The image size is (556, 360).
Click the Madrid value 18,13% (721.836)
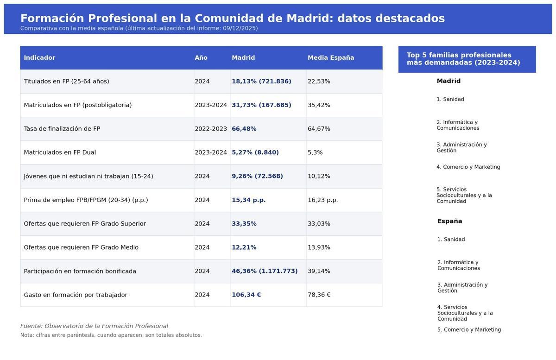tap(261, 82)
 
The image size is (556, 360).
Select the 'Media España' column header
tap(331, 58)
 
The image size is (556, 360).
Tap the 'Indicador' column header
tap(39, 58)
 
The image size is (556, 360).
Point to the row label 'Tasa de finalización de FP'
tap(62, 129)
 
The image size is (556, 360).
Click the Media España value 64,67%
tap(319, 129)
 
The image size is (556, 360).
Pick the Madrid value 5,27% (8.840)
tap(255, 152)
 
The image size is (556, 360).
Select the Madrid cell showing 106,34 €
tap(246, 295)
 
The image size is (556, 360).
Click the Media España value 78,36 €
tap(319, 295)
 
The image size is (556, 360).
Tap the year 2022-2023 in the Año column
tap(211, 129)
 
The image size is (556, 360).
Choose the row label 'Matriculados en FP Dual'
tap(60, 152)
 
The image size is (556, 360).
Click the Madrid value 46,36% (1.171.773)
tap(265, 272)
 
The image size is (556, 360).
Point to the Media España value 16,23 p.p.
tap(322, 200)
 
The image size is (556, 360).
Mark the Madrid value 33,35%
tap(244, 224)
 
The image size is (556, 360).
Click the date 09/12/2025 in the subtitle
tap(240, 28)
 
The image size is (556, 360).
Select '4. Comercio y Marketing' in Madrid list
tap(468, 167)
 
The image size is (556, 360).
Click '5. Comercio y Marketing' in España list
tap(469, 330)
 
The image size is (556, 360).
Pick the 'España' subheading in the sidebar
tap(449, 221)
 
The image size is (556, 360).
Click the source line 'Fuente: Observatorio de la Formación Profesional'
tap(94, 326)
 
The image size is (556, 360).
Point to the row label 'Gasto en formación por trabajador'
tap(76, 295)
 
